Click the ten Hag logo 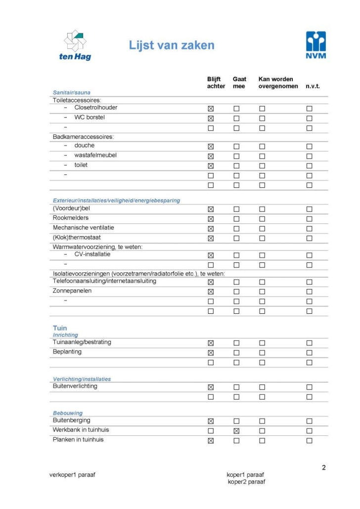coord(75,45)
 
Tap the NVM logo coord(316,44)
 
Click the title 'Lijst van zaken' coord(172,45)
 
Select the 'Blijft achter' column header coord(216,83)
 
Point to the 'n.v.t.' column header coord(313,86)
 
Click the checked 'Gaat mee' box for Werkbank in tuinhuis coord(236,431)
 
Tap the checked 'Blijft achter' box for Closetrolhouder coord(211,108)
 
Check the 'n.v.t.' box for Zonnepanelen coord(309,292)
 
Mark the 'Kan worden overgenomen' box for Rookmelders coord(262,219)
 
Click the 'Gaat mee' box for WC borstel coord(236,118)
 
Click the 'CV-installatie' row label coord(92,254)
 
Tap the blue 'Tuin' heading coord(60,328)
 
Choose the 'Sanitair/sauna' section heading coord(72,92)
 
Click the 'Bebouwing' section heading coord(68,413)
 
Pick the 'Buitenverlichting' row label coord(75,386)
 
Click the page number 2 coord(324,467)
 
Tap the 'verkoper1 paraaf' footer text coord(72,475)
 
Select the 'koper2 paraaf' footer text coord(246,482)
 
